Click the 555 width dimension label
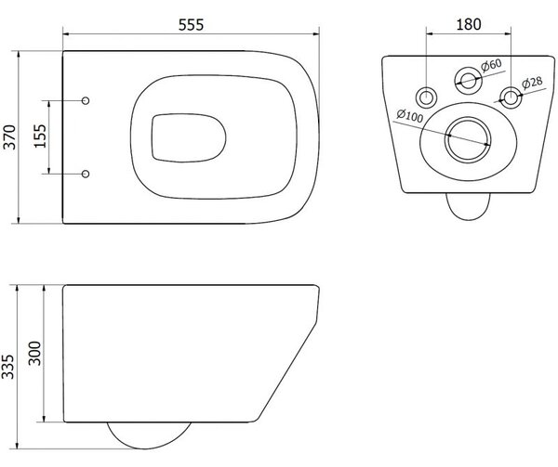[x=191, y=25]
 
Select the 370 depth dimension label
[x=9, y=137]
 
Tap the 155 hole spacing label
[x=39, y=136]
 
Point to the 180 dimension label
[x=469, y=24]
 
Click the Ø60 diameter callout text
[x=491, y=65]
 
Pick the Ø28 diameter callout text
[x=532, y=83]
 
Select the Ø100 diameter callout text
[x=410, y=115]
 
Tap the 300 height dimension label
[x=35, y=353]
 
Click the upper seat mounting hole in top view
[x=86, y=100]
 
